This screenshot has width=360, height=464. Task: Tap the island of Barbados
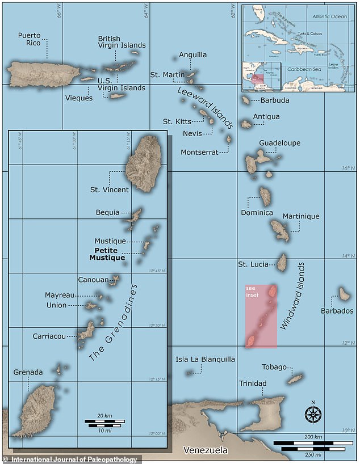coord(344,293)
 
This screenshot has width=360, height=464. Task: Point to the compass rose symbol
coord(312,414)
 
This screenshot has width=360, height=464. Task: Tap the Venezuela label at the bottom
coord(205,450)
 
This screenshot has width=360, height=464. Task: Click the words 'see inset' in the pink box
coord(252,293)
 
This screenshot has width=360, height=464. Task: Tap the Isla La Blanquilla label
coord(205,359)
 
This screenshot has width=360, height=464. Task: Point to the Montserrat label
coord(199,152)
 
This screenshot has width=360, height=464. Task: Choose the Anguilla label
coord(193,55)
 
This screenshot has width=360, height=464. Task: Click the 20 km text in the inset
coord(104,416)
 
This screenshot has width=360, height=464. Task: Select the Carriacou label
coord(48,336)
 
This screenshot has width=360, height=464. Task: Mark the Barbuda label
coord(275,100)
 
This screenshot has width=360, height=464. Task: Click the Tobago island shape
coord(295,378)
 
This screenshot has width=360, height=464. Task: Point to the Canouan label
coord(93,280)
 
